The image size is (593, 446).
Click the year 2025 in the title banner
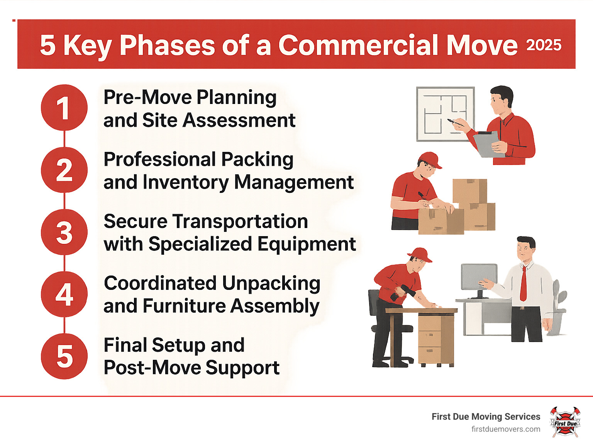pos(544,45)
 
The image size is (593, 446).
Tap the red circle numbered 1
pos(64,107)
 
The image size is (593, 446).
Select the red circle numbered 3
pos(64,232)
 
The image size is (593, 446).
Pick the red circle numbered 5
pos(64,356)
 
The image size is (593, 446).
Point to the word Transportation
pos(240,221)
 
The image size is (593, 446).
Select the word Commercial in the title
pos(359,45)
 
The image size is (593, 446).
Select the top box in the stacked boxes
pos(469,191)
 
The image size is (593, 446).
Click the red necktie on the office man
pos(524,283)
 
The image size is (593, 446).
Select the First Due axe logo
pos(565,422)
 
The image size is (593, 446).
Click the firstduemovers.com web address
pos(506,429)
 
